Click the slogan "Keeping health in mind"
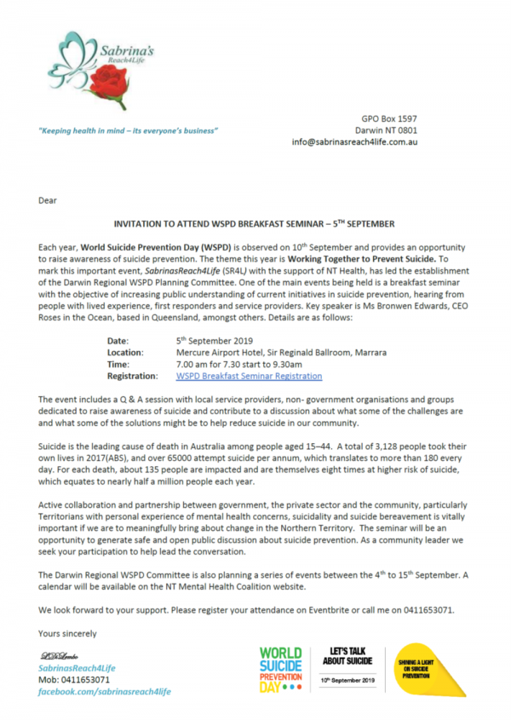point(128,131)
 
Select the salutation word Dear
point(48,200)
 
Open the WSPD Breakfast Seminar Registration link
point(249,376)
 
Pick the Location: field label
point(131,352)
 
